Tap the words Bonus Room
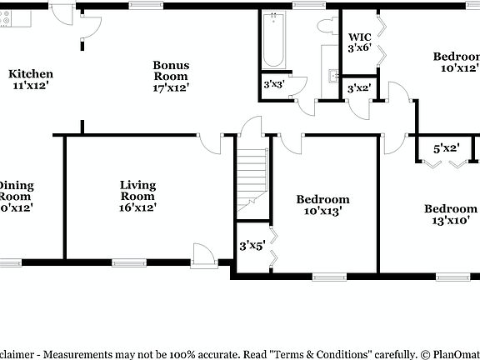(x=171, y=71)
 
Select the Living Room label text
(x=137, y=191)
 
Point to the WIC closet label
(x=359, y=37)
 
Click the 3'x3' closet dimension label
(x=273, y=84)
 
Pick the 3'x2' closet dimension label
(x=358, y=88)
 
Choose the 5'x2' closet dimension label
(x=446, y=149)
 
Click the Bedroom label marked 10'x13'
(x=322, y=199)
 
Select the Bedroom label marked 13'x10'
(x=450, y=209)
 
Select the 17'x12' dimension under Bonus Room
(x=171, y=87)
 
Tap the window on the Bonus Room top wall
(x=146, y=6)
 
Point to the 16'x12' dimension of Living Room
(x=137, y=207)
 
